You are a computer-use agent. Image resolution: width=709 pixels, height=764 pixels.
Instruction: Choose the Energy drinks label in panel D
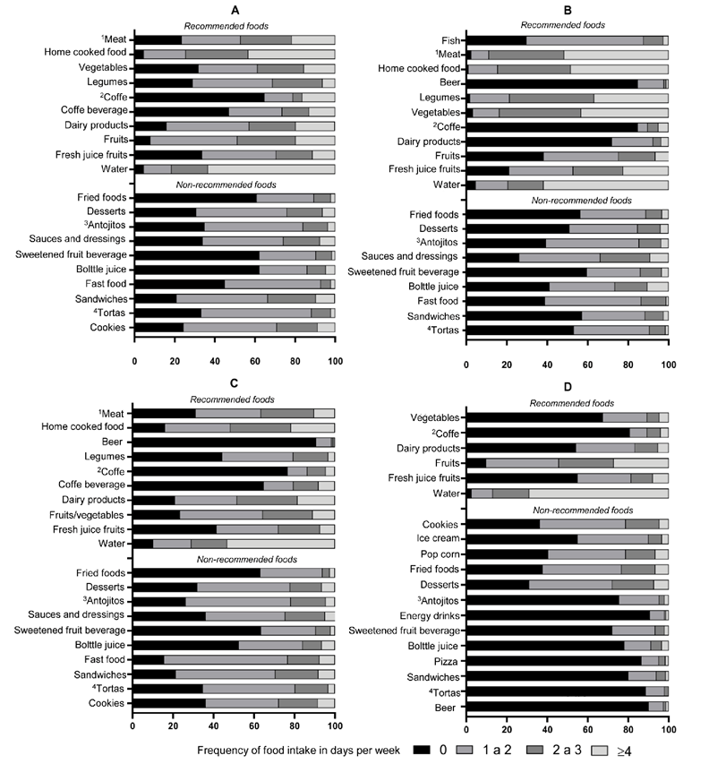click(428, 615)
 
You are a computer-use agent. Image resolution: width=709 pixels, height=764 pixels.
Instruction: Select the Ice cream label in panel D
click(437, 539)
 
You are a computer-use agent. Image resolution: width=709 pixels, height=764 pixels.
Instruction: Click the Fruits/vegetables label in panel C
click(83, 514)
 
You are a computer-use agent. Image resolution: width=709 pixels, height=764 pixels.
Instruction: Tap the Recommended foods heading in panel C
click(233, 399)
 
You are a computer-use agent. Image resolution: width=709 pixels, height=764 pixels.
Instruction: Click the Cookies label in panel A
click(109, 327)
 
